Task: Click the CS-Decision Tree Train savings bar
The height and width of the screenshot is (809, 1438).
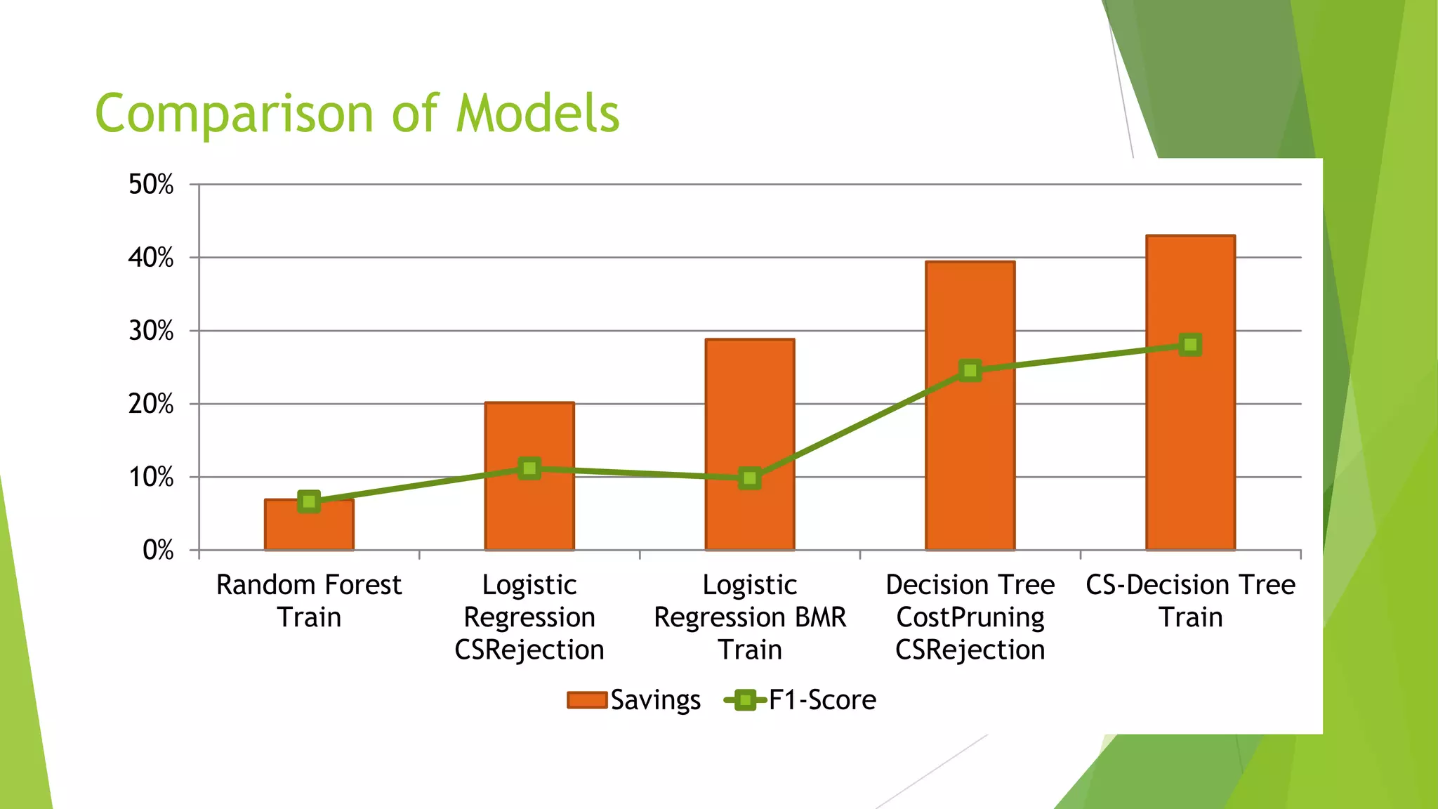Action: click(1190, 449)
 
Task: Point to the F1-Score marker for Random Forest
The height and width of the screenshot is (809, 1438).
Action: click(309, 501)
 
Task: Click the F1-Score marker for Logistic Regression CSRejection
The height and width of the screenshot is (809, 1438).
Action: click(530, 468)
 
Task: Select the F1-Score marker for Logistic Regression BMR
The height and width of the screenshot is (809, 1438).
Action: click(750, 478)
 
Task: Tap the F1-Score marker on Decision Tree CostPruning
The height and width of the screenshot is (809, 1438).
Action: click(970, 370)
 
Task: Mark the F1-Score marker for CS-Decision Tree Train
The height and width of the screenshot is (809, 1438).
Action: click(1190, 345)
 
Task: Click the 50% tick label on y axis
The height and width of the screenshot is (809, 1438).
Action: click(151, 185)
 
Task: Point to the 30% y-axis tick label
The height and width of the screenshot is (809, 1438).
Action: click(151, 331)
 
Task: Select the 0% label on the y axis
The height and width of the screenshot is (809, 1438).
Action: click(158, 550)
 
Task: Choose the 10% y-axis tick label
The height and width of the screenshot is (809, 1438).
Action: click(151, 478)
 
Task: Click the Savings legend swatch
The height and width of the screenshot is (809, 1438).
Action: click(587, 700)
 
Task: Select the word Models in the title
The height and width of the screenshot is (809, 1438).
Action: click(538, 114)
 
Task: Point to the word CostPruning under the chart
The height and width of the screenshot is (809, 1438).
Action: click(970, 617)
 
